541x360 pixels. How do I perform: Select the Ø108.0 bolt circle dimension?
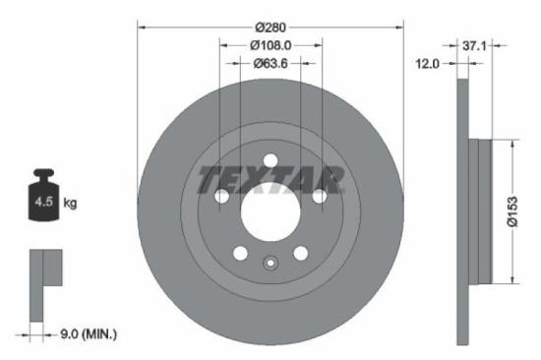270,45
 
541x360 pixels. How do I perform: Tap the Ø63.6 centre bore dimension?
270,64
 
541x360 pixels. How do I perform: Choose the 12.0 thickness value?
428,64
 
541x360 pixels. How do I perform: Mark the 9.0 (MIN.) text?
85,334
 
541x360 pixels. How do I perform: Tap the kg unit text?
70,204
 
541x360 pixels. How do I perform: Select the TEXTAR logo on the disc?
270,180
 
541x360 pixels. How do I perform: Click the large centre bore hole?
270,210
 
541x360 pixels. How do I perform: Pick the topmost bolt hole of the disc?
270,161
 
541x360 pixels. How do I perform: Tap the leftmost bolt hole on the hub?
222,197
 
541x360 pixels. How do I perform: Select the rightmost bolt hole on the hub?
319,197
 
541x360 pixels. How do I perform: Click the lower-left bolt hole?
240,253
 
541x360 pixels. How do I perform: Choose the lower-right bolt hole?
300,253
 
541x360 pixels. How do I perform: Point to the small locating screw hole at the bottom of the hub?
270,262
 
